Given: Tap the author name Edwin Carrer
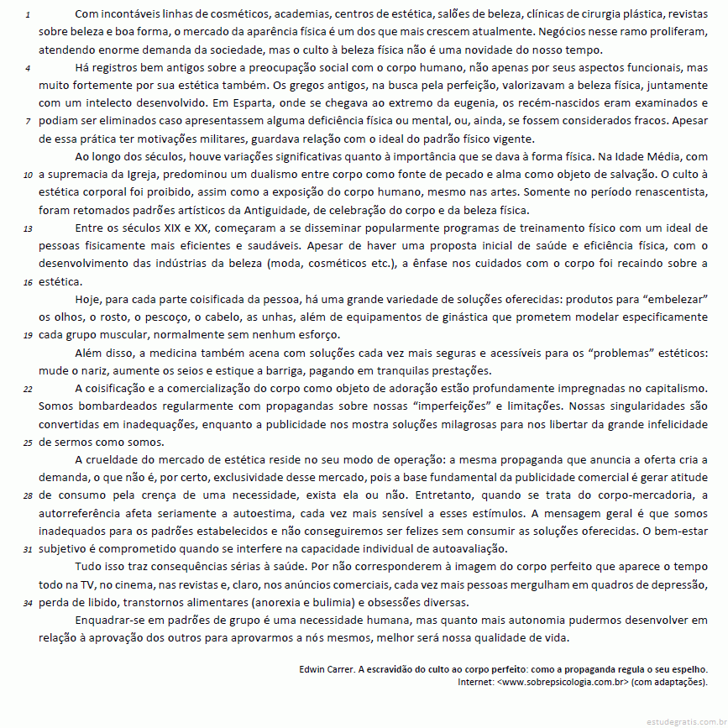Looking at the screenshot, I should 327,669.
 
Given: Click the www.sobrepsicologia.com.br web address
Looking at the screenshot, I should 563,682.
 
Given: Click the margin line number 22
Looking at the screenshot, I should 28,389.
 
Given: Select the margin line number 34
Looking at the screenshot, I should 28,603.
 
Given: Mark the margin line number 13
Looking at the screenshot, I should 28,228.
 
